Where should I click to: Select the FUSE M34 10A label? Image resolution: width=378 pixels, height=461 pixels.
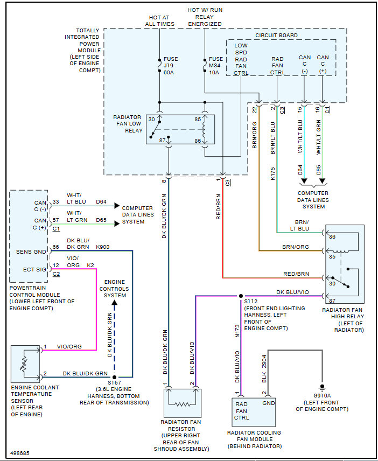click(215, 65)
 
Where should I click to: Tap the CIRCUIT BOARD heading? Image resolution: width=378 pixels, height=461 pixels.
click(276, 36)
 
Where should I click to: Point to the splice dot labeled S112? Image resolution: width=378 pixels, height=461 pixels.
click(241, 296)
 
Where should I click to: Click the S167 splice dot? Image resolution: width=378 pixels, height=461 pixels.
click(115, 377)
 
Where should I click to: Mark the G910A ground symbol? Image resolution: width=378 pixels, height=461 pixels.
click(322, 387)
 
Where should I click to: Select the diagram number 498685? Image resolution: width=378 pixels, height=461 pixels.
click(20, 453)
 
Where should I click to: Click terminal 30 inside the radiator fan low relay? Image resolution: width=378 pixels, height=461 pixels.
click(151, 119)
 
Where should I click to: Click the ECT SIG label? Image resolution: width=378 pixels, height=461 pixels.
click(33, 269)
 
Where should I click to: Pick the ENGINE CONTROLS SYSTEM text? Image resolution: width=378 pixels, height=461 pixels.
click(115, 289)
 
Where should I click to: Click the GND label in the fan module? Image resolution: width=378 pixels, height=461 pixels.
click(268, 403)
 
